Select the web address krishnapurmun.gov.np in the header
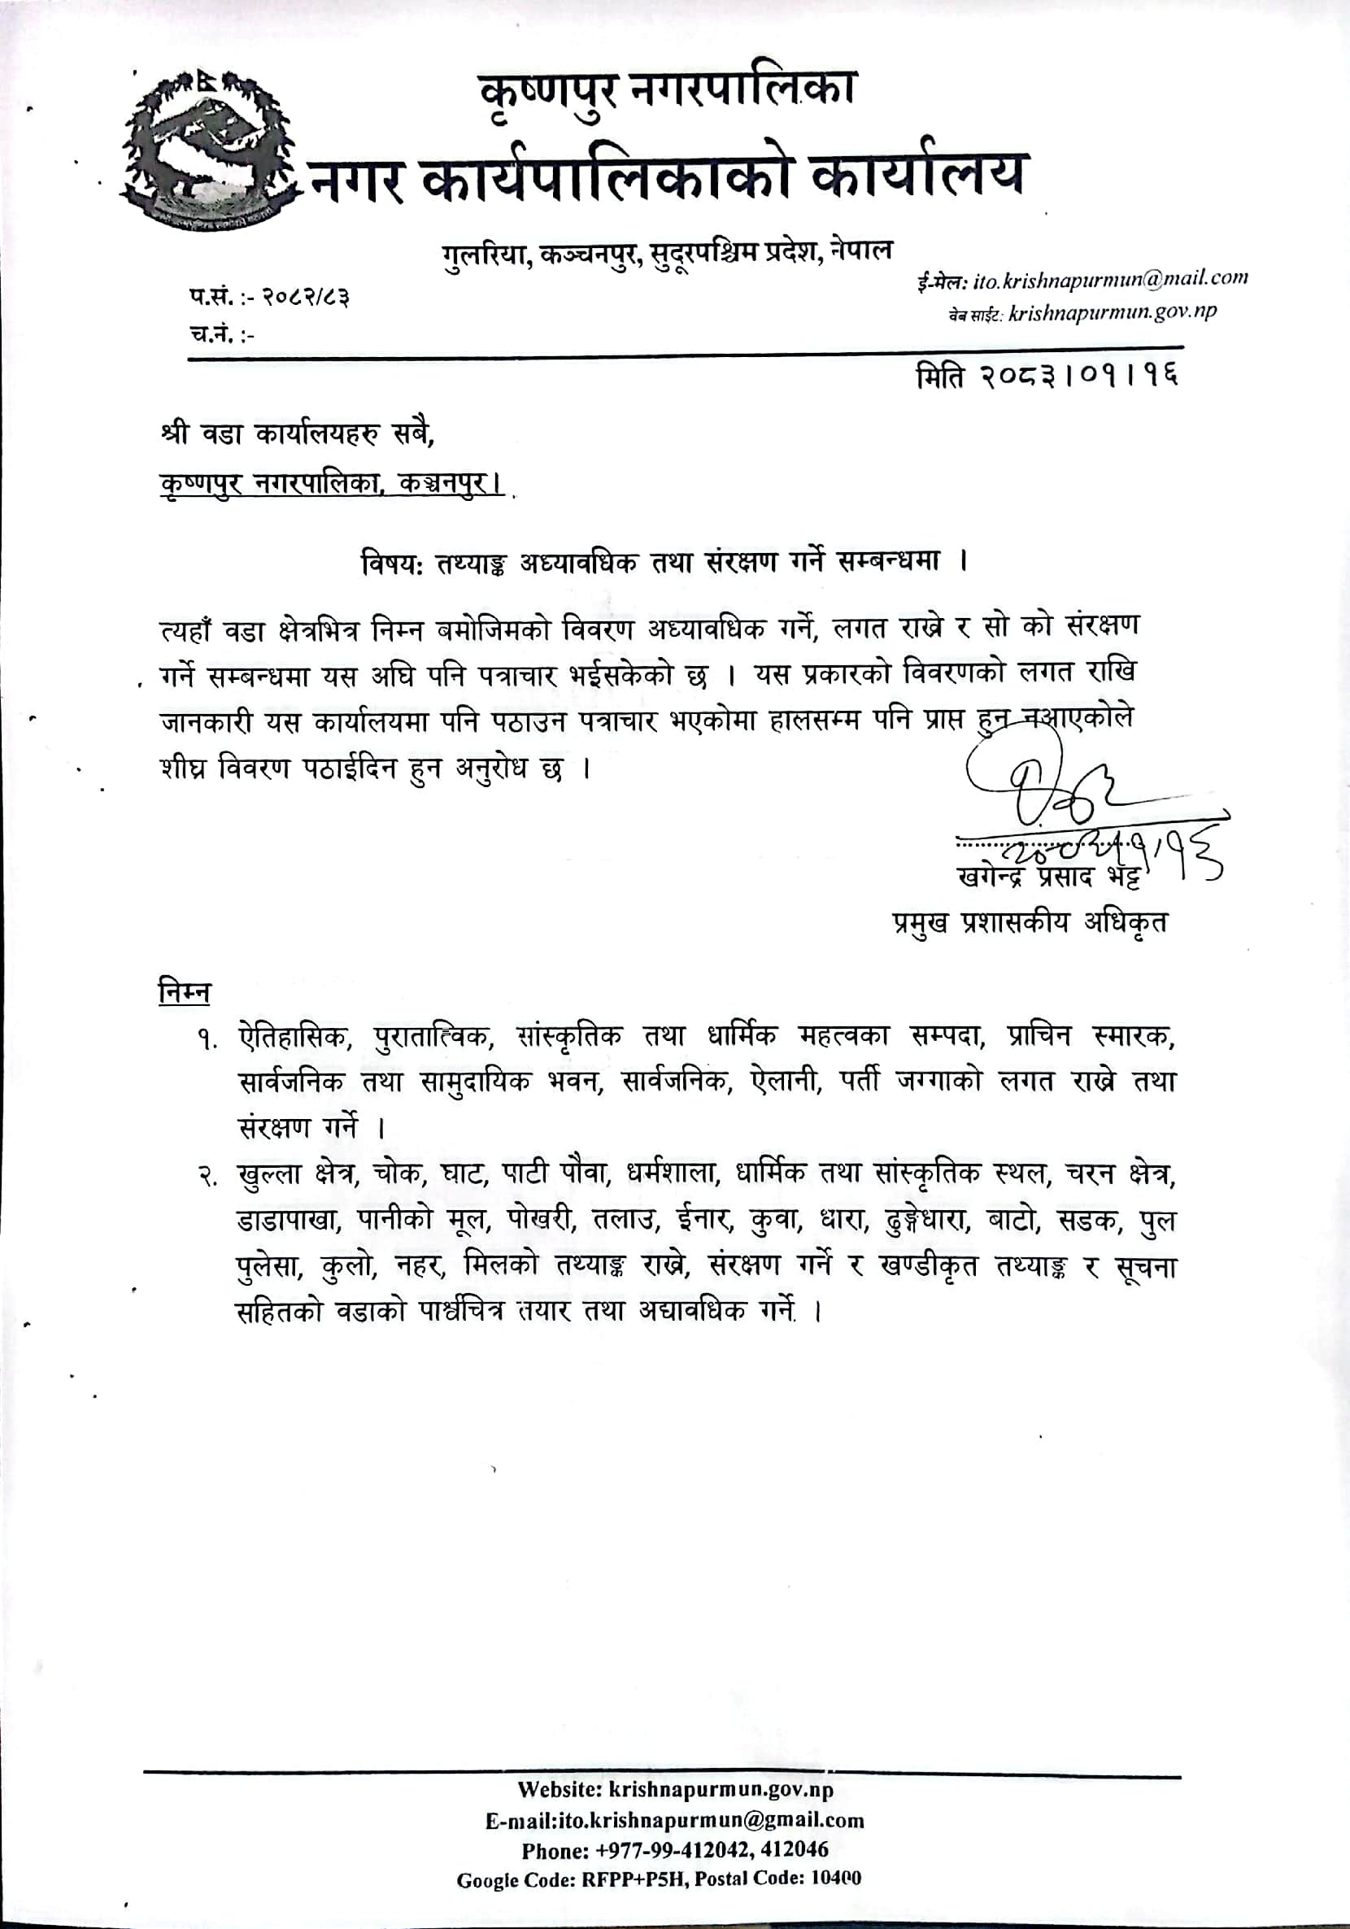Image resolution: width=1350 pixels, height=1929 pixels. click(1113, 312)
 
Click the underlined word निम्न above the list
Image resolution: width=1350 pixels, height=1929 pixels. click(184, 992)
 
